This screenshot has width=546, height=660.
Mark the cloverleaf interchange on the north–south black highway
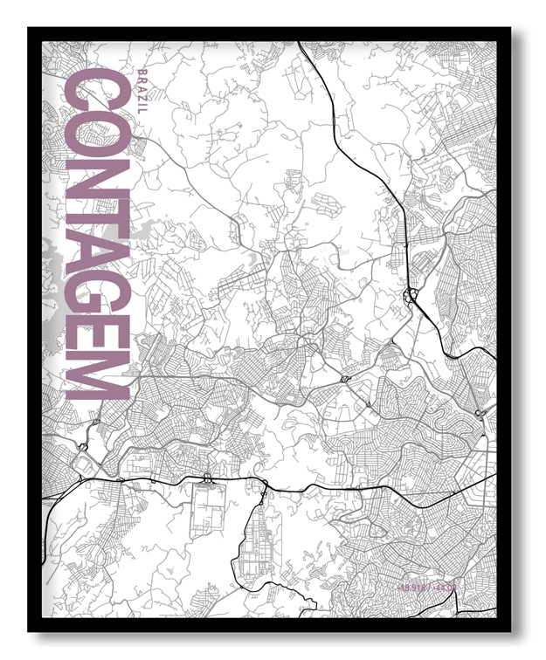click(x=409, y=297)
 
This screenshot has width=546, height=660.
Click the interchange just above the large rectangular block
click(x=207, y=478)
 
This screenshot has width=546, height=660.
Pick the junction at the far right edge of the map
click(x=478, y=412)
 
